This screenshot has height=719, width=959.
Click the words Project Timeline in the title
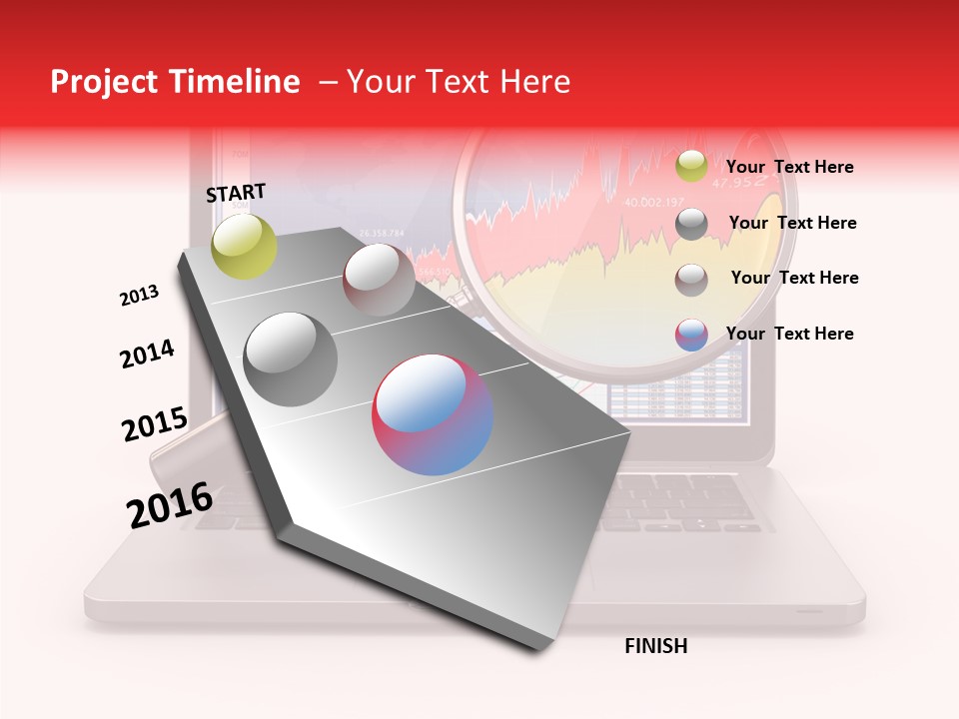tap(175, 82)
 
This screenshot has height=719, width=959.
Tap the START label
tap(236, 193)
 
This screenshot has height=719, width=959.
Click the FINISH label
tap(655, 646)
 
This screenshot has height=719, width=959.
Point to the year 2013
tap(139, 296)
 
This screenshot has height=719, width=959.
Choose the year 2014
tap(147, 354)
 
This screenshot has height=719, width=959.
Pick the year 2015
tap(154, 425)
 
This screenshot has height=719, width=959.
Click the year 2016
tap(170, 505)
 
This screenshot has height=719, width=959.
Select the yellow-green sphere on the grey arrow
tap(244, 247)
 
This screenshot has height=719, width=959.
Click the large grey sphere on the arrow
tap(291, 359)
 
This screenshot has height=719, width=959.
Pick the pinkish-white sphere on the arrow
tap(379, 280)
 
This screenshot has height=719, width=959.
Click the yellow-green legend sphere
tap(690, 167)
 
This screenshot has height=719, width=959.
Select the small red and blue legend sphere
tap(690, 335)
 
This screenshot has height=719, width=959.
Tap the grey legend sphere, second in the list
tap(690, 224)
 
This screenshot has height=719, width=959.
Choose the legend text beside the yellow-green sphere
tap(789, 167)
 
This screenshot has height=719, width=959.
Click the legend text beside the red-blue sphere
tap(789, 334)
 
